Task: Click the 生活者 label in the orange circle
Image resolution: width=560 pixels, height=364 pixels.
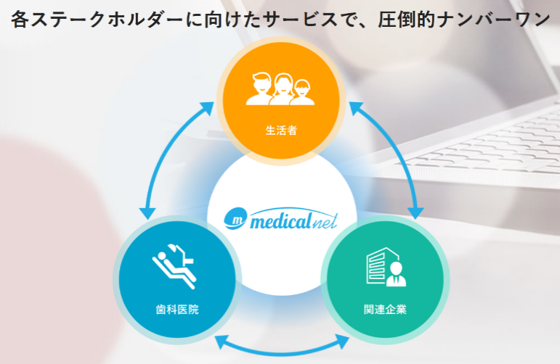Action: click(x=281, y=131)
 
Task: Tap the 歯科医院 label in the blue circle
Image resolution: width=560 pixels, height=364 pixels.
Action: click(x=177, y=310)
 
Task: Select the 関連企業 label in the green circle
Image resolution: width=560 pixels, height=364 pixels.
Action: click(x=385, y=310)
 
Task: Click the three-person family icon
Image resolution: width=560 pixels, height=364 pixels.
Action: click(x=280, y=88)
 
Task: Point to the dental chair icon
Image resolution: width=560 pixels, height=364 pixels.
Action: click(x=174, y=266)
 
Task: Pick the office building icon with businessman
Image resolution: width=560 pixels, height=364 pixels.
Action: click(x=386, y=267)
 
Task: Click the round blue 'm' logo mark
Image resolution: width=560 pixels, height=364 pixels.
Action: click(x=235, y=218)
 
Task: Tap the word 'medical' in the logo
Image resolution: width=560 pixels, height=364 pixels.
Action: click(x=280, y=221)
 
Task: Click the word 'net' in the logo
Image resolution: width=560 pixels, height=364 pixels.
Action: click(x=324, y=222)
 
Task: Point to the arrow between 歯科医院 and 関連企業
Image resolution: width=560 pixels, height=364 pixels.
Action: click(x=282, y=351)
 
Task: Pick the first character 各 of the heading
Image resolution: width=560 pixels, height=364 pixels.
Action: click(x=20, y=20)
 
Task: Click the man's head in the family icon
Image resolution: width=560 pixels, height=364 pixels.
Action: click(x=261, y=83)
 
